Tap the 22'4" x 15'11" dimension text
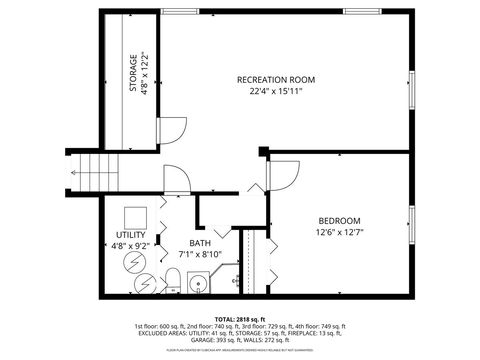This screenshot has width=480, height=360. point(276,91)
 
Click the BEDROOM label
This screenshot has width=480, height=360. point(340,220)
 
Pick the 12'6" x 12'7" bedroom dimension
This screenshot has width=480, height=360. point(340,233)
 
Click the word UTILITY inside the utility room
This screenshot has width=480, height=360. point(131,209)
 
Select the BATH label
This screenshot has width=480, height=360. point(201,243)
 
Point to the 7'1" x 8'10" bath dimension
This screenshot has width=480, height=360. point(201,255)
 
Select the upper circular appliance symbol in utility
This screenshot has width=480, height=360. point(133,263)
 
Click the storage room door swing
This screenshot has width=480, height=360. point(171,130)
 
